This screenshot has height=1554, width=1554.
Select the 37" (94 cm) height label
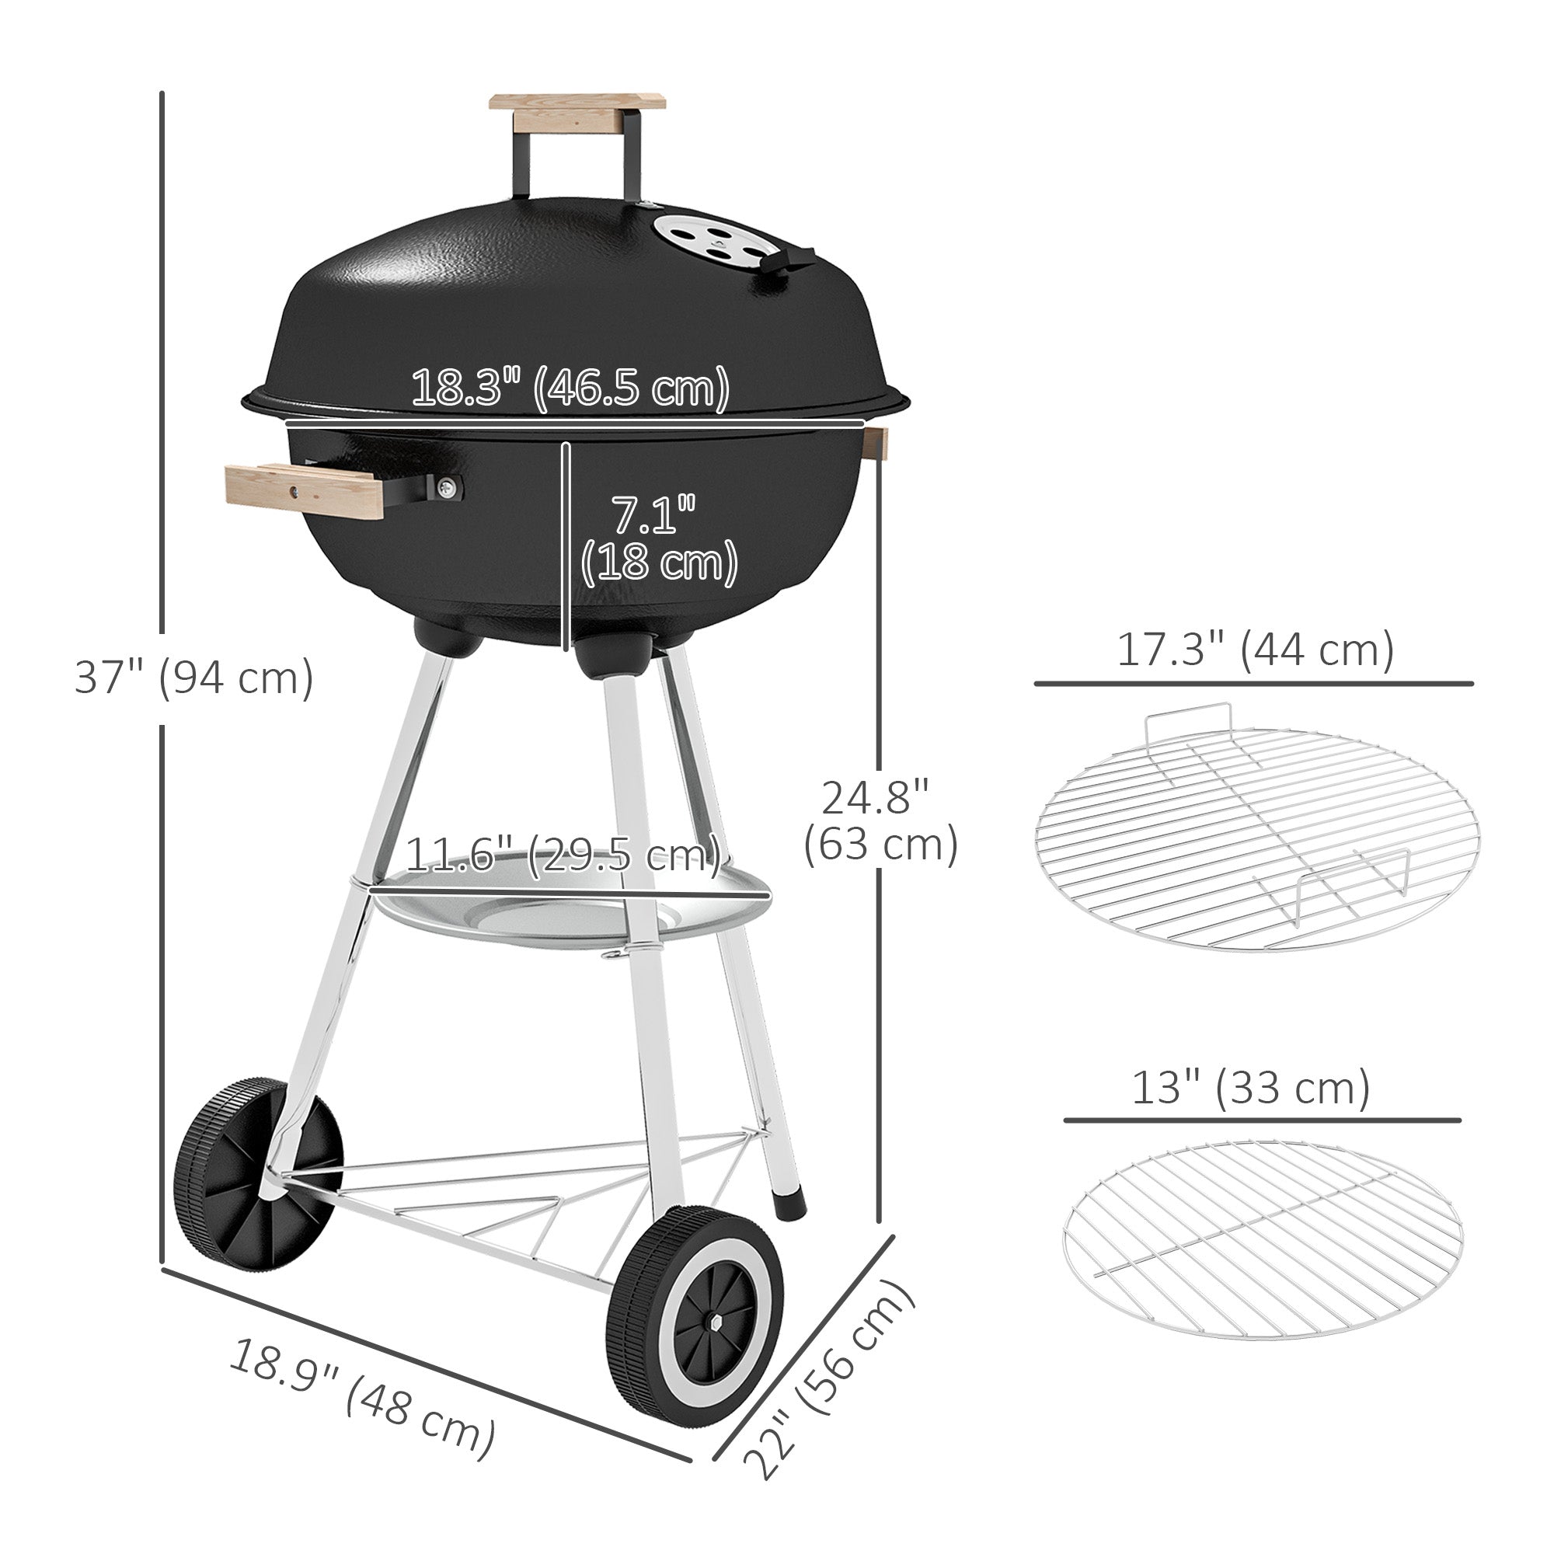(x=193, y=678)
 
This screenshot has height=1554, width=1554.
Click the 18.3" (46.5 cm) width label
(x=570, y=388)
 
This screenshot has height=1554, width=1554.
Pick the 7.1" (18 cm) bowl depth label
(x=658, y=538)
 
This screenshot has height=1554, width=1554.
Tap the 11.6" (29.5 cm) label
(x=563, y=854)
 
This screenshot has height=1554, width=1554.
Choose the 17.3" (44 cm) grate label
(x=1255, y=650)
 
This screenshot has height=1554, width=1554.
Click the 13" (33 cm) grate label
(x=1251, y=1089)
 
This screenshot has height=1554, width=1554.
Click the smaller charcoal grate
(x=1262, y=1239)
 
